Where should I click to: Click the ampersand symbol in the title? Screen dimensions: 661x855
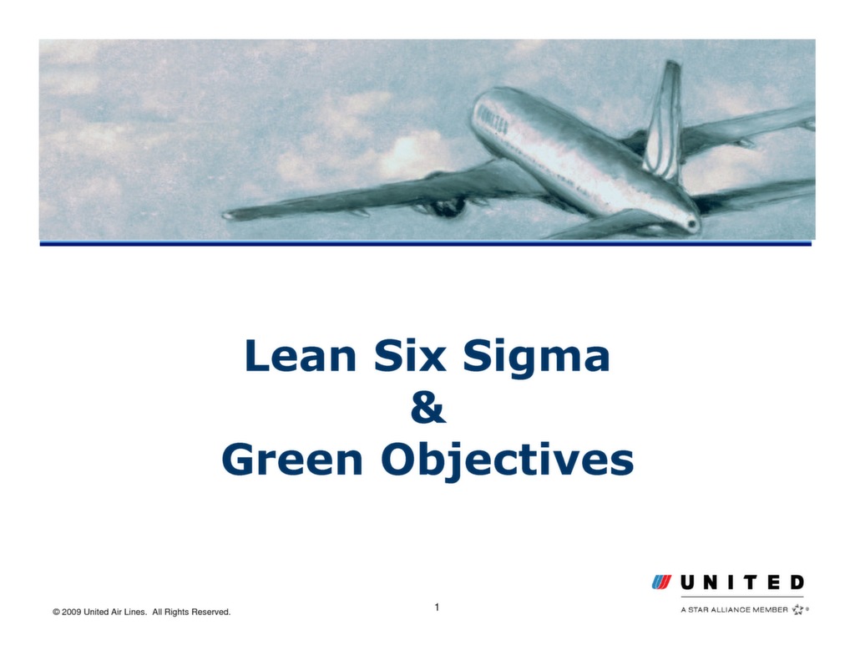[428, 409]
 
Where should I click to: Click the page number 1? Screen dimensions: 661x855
[437, 607]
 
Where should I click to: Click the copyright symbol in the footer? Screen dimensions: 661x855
[56, 613]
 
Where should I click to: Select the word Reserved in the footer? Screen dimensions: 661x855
[210, 613]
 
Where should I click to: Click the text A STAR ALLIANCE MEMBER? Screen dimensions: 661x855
[734, 610]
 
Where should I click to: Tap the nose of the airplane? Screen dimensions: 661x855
[692, 224]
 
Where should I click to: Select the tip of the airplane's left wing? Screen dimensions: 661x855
[228, 216]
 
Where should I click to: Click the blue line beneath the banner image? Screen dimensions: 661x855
[426, 243]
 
